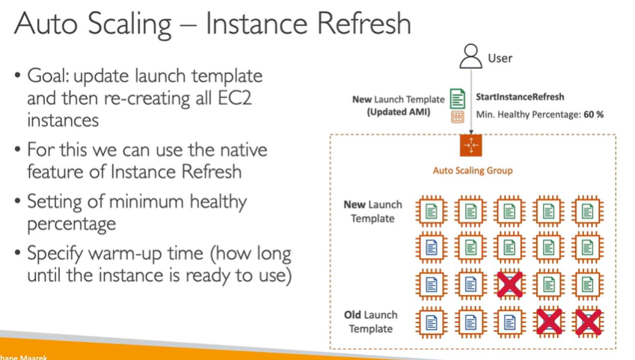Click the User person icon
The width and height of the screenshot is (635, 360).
[x=471, y=56]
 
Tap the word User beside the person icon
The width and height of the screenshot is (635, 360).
[x=500, y=58]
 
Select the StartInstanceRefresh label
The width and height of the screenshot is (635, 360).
[x=520, y=97]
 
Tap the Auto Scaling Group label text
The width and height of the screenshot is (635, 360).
[x=473, y=171]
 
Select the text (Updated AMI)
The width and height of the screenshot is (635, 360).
[x=398, y=112]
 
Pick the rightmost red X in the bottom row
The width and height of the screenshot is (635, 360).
[x=588, y=323]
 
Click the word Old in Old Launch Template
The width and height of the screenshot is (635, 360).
[x=357, y=315]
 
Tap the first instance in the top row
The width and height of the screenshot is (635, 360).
[x=431, y=212]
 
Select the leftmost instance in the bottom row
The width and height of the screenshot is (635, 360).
[x=431, y=323]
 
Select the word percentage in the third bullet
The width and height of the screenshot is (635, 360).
[x=71, y=224]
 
